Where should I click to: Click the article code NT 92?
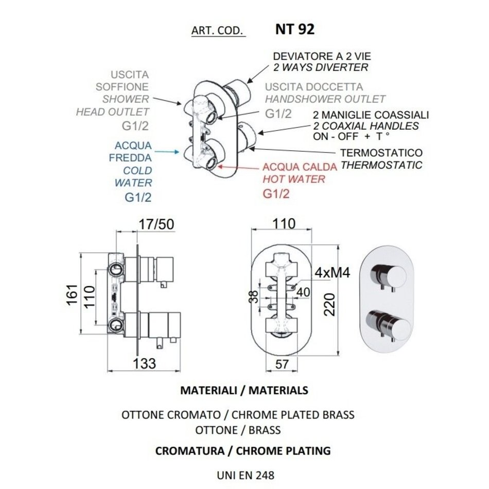click(294, 29)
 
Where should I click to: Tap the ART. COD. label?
click(217, 31)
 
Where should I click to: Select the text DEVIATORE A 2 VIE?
click(322, 56)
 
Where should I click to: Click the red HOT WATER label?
click(294, 179)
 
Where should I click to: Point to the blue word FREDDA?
click(130, 158)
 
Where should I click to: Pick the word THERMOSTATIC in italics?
click(381, 165)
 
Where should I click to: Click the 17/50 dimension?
click(156, 224)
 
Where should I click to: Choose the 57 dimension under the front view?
click(281, 364)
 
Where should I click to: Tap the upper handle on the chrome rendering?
click(381, 273)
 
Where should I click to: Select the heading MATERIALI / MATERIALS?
click(244, 390)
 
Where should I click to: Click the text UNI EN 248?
click(244, 475)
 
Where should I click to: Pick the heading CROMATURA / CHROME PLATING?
click(242, 450)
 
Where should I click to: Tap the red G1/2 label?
click(276, 194)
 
